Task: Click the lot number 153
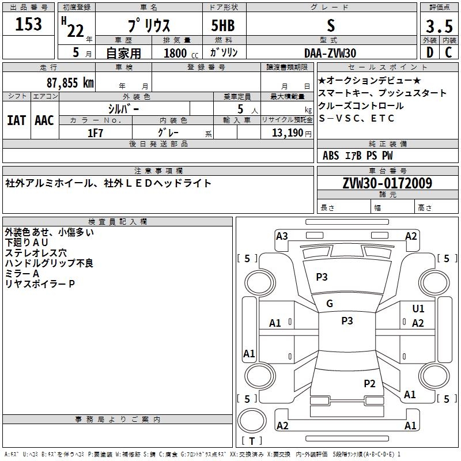click(29, 25)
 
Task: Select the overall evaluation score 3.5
click(438, 27)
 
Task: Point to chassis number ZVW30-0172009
click(387, 183)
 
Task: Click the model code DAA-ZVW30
click(330, 53)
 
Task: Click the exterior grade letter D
click(429, 52)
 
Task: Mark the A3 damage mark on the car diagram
click(282, 236)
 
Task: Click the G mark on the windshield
click(330, 303)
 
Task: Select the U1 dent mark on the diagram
click(418, 309)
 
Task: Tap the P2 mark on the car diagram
click(369, 383)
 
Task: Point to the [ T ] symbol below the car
click(252, 441)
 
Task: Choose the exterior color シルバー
click(124, 108)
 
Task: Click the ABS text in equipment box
click(331, 156)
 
